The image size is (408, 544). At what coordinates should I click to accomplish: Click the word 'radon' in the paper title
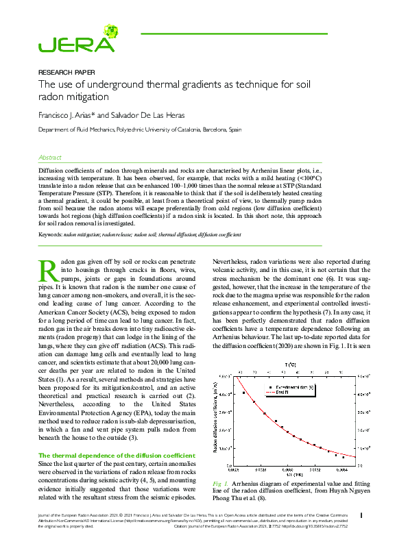55,99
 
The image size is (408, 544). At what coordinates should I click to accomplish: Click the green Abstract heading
50,157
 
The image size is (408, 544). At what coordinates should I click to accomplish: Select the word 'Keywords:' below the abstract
50,235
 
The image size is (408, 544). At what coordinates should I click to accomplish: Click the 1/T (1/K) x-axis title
295,475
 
